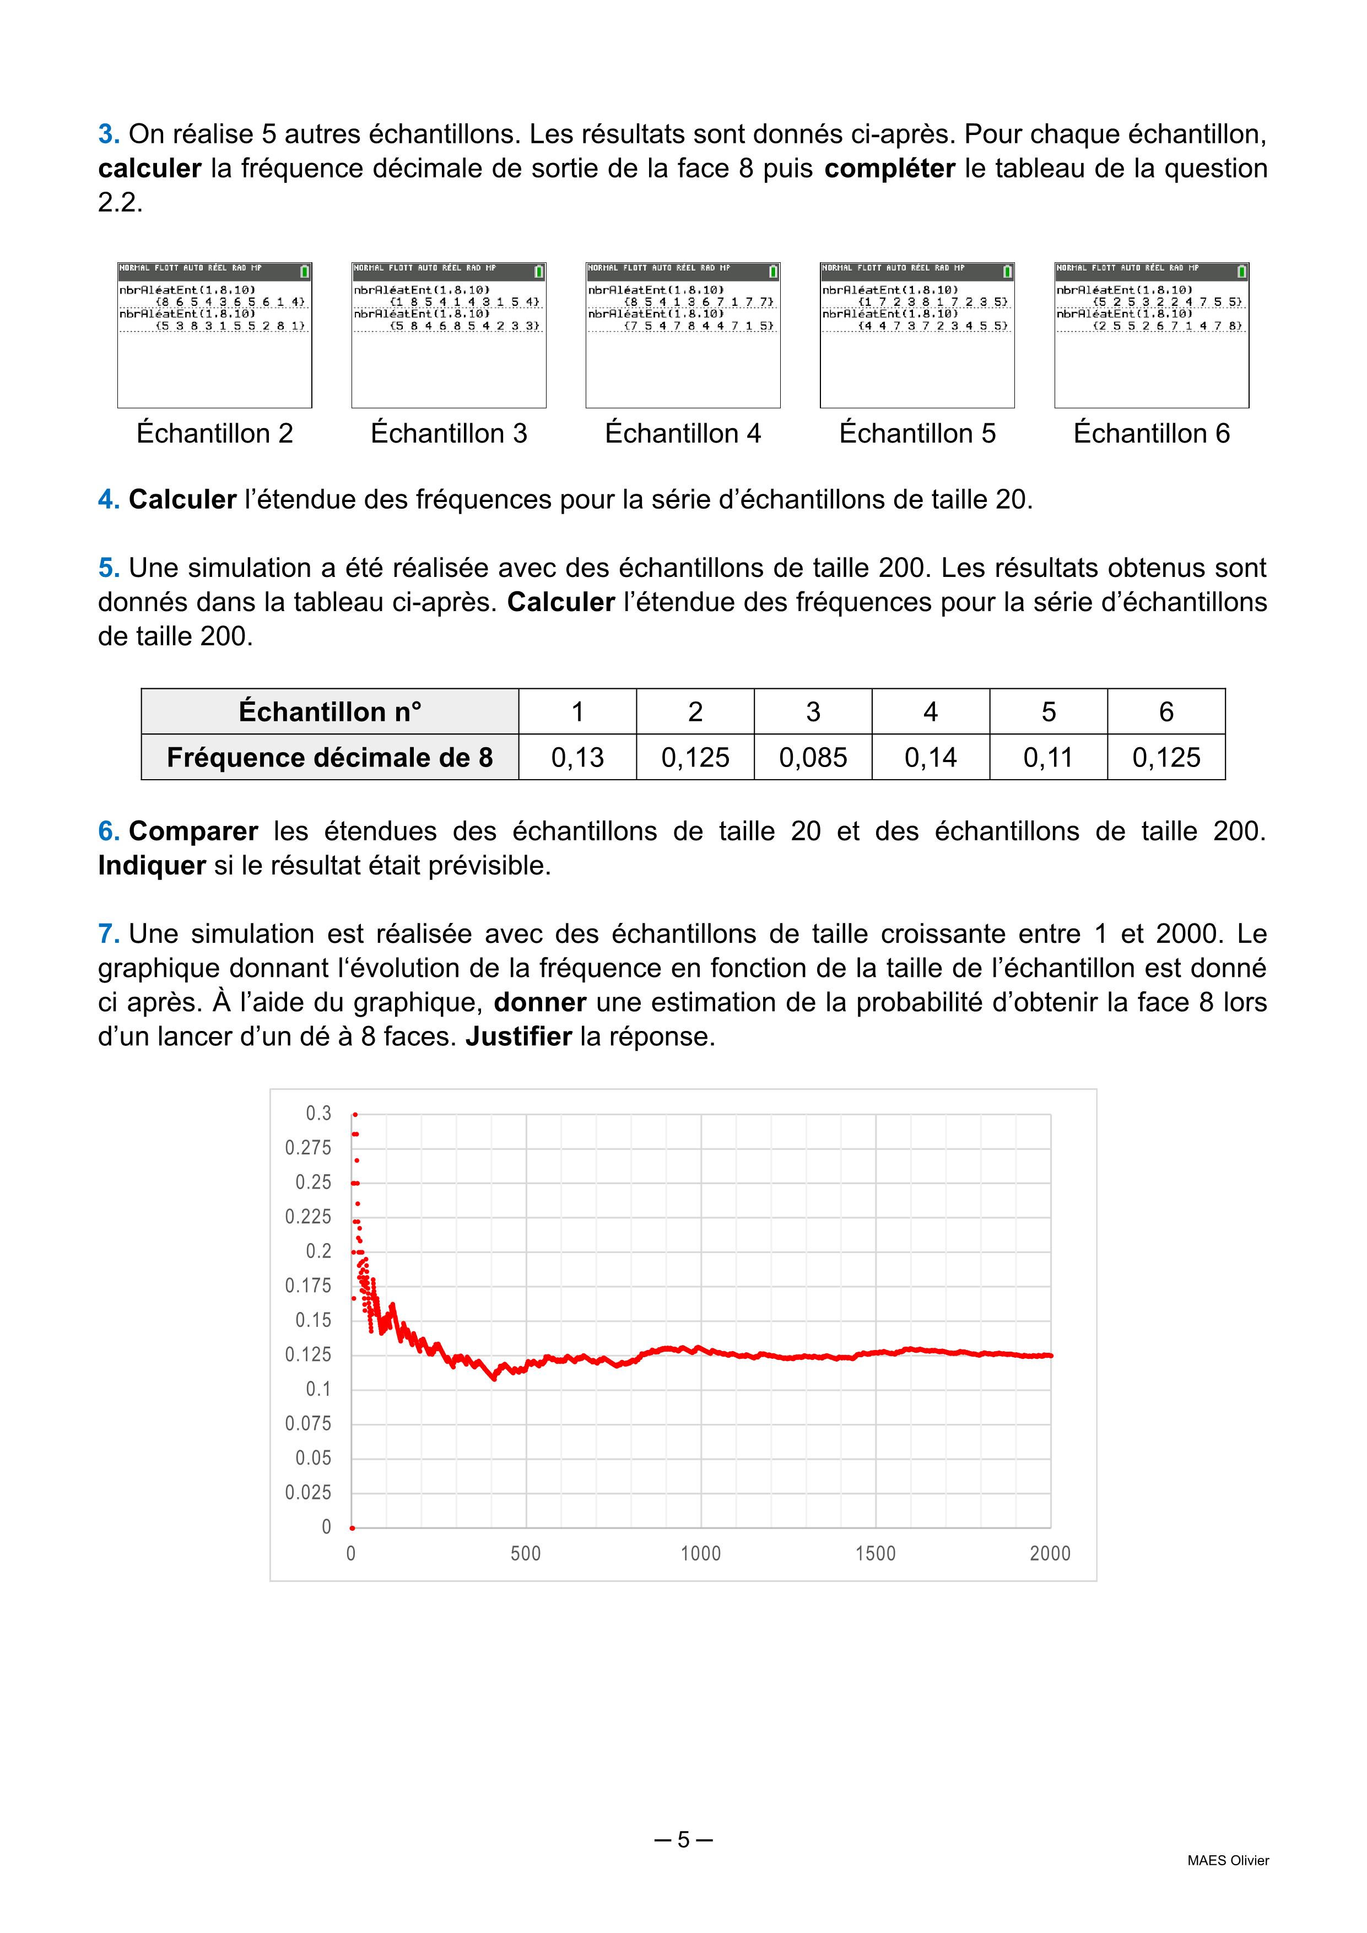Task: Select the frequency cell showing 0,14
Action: click(x=930, y=758)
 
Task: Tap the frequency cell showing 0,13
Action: click(x=577, y=758)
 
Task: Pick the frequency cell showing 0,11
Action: click(x=1048, y=758)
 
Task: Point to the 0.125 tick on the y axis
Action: click(x=308, y=1354)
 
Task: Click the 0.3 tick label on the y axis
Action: click(x=318, y=1113)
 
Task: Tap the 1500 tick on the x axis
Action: click(x=876, y=1553)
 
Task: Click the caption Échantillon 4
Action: click(x=683, y=434)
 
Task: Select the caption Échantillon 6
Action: click(x=1152, y=434)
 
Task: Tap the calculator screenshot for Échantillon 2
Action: click(x=215, y=335)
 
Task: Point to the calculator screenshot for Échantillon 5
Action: click(x=917, y=335)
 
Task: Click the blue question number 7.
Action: click(x=108, y=933)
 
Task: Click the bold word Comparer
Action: click(x=193, y=831)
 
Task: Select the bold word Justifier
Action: click(x=518, y=1036)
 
